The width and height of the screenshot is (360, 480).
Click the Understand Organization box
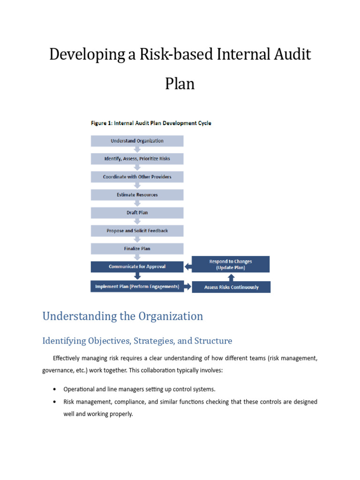pyautogui.click(x=137, y=141)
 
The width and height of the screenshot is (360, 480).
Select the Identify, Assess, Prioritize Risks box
pyautogui.click(x=137, y=159)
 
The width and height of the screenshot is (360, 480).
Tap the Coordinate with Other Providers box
pyautogui.click(x=137, y=177)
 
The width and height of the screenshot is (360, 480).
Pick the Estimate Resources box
pyautogui.click(x=137, y=195)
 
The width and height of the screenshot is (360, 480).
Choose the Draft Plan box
pyautogui.click(x=137, y=213)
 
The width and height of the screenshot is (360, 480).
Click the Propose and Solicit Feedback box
pyautogui.click(x=137, y=231)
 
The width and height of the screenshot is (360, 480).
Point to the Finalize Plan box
pyautogui.click(x=137, y=248)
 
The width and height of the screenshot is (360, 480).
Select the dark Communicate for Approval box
pyautogui.click(x=137, y=267)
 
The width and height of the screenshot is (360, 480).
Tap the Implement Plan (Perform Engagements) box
pyautogui.click(x=137, y=286)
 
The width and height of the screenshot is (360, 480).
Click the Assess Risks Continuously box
pyautogui.click(x=231, y=287)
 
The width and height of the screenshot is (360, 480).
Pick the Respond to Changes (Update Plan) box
pyautogui.click(x=231, y=264)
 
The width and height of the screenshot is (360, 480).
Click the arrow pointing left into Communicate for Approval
pyautogui.click(x=188, y=267)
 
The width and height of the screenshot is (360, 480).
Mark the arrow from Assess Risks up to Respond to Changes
pyautogui.click(x=231, y=277)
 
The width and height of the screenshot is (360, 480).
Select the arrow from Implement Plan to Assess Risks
pyautogui.click(x=188, y=286)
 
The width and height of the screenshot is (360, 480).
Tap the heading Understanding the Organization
pyautogui.click(x=123, y=316)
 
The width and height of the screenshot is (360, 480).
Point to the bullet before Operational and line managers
pyautogui.click(x=55, y=389)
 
